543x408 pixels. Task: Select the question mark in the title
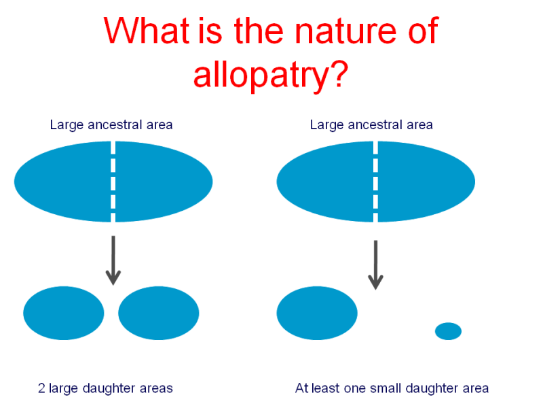coord(338,71)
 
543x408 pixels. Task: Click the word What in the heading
coord(147,30)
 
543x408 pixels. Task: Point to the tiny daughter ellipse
coord(448,331)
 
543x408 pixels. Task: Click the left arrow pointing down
coord(113,260)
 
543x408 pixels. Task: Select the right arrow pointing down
coord(375,265)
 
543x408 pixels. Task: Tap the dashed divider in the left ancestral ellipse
coord(113,182)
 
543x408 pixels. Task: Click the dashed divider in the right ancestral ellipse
coord(376,182)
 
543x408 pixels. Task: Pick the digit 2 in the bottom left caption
coord(41,388)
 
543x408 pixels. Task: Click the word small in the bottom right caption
coord(386,388)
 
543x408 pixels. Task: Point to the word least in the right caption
coord(326,388)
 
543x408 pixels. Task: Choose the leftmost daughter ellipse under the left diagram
coord(64,313)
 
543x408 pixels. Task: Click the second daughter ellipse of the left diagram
coord(159,313)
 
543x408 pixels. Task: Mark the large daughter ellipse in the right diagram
coord(317,313)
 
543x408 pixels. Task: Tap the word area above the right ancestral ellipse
coord(419,125)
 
